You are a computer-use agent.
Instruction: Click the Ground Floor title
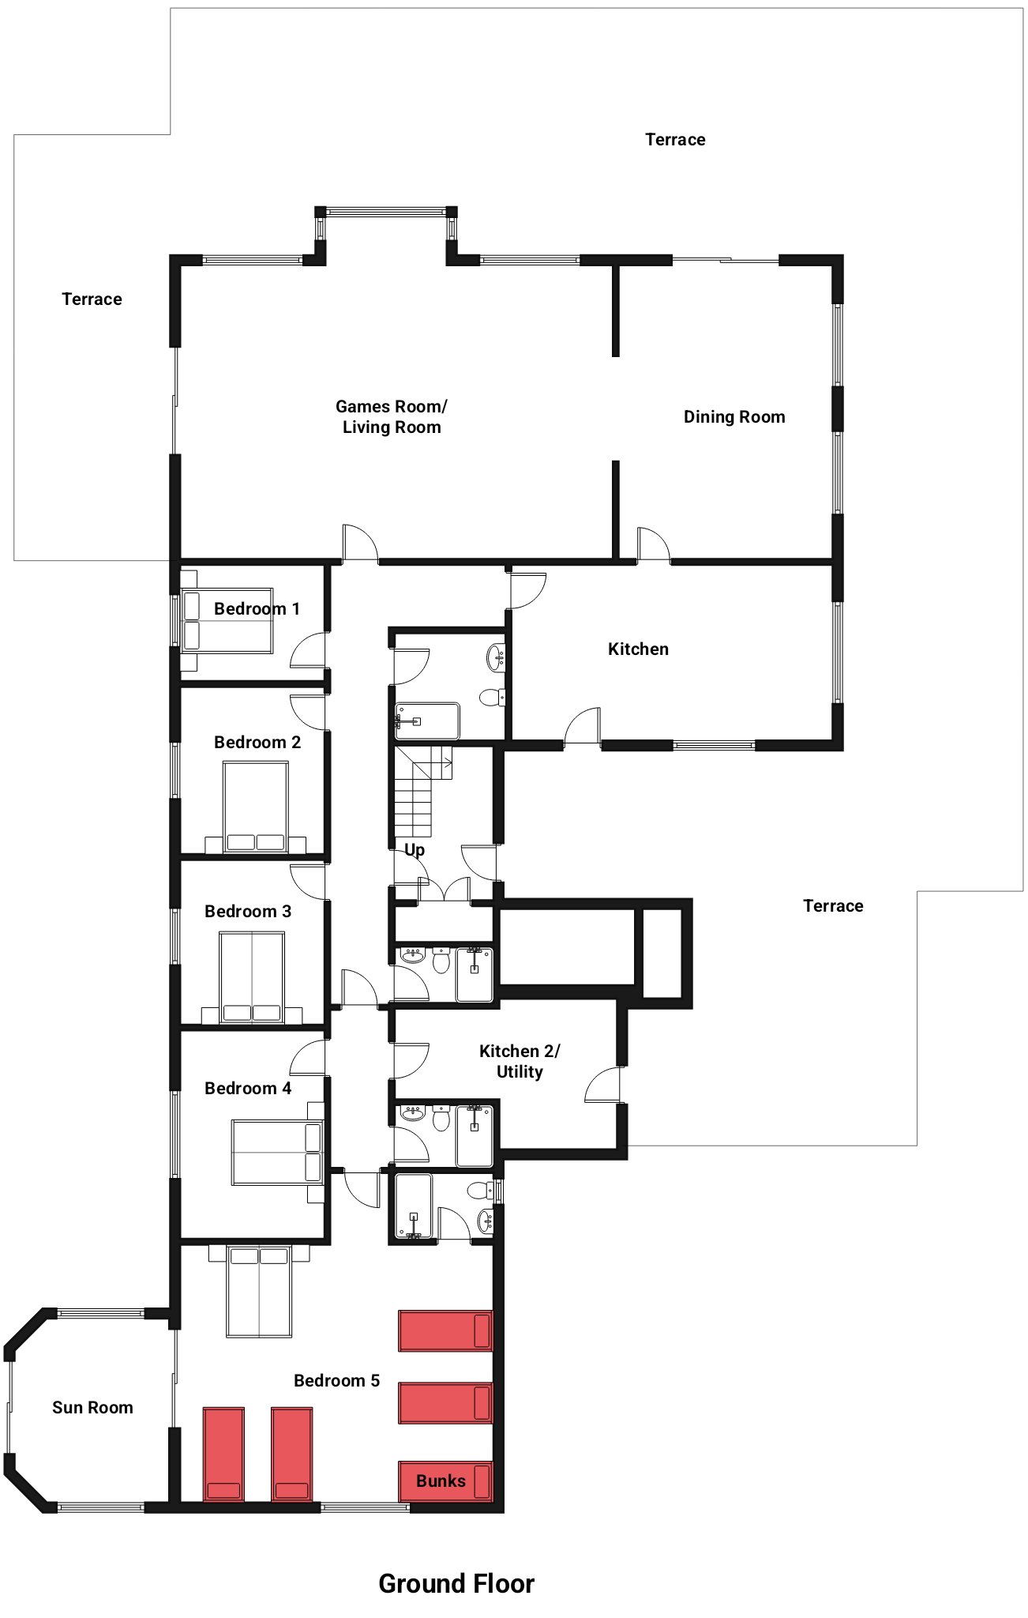coord(456,1583)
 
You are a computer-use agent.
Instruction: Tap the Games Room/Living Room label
coord(392,416)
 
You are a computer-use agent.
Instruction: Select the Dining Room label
coord(734,417)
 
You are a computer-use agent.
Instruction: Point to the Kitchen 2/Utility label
coord(520,1061)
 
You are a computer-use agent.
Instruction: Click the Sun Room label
coord(92,1407)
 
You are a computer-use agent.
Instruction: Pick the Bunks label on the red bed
coord(441,1481)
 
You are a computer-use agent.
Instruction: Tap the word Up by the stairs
coord(415,850)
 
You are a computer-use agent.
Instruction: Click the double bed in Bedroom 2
coord(256,807)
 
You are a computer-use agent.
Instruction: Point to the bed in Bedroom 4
coord(277,1152)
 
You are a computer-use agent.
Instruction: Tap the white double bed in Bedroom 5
coord(259,1291)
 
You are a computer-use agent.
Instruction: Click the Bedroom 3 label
coord(248,912)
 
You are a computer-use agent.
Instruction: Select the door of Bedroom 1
coord(310,649)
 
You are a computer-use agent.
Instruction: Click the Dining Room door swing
coord(654,544)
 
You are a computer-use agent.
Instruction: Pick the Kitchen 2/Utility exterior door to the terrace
coord(602,1084)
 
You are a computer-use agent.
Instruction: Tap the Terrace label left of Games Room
coord(92,299)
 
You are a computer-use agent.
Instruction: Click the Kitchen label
coord(638,649)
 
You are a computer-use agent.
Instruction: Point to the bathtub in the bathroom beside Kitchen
coord(427,721)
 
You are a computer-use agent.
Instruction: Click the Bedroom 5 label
coord(337,1380)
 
